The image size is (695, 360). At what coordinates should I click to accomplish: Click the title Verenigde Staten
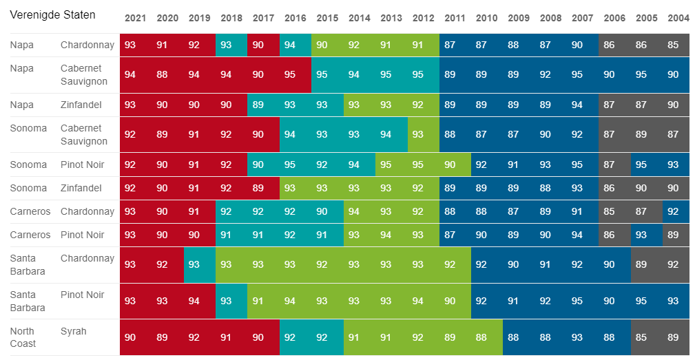[52, 14]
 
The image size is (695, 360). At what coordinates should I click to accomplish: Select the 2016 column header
[295, 18]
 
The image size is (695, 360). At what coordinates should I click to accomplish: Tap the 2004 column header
[678, 18]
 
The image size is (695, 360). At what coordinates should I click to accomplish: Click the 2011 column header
[455, 18]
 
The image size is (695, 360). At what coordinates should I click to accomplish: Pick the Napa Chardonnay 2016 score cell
[290, 45]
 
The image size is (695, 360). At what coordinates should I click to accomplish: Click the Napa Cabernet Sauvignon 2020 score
[162, 74]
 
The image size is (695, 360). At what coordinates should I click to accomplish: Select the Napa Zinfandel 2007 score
[577, 105]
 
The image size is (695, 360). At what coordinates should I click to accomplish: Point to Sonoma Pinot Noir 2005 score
[641, 165]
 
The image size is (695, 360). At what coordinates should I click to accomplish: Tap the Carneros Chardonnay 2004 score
[673, 211]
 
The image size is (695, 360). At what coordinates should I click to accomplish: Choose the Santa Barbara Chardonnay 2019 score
[194, 264]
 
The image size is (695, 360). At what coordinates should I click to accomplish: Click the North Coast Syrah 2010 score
[481, 337]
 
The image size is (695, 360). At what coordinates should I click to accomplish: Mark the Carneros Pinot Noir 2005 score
[641, 235]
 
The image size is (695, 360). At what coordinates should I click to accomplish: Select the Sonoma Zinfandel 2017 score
[258, 188]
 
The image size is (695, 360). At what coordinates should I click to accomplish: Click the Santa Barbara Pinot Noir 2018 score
[226, 301]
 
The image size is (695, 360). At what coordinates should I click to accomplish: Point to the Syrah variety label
[74, 331]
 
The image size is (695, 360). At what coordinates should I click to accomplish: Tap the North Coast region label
[23, 337]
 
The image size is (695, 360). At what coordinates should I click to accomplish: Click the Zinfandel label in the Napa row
[81, 105]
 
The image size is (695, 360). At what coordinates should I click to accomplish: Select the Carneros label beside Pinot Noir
[30, 235]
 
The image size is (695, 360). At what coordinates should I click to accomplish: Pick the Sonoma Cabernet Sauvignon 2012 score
[417, 135]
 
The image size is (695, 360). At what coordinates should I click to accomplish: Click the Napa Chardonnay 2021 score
[130, 45]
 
